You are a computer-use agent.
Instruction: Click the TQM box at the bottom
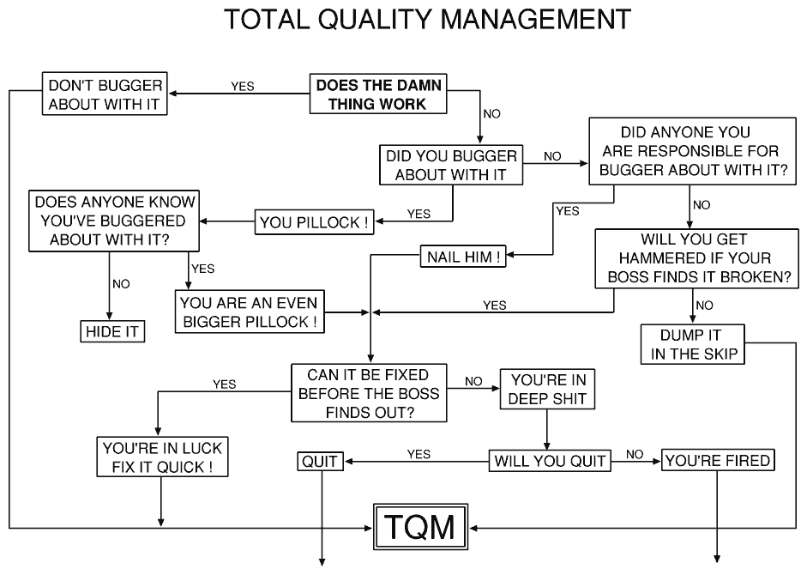pyautogui.click(x=418, y=525)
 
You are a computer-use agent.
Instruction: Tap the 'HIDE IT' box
pyautogui.click(x=111, y=331)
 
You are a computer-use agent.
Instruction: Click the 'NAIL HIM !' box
pyautogui.click(x=462, y=256)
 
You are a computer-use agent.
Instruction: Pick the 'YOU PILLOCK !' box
pyautogui.click(x=316, y=223)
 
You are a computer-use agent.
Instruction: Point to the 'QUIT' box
pyautogui.click(x=321, y=461)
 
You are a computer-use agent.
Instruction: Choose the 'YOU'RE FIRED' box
pyautogui.click(x=718, y=461)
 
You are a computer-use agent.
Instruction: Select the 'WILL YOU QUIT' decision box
pyautogui.click(x=551, y=461)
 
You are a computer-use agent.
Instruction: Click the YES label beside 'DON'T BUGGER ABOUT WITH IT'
pyautogui.click(x=243, y=86)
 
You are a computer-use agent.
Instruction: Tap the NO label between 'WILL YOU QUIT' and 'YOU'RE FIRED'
pyautogui.click(x=635, y=454)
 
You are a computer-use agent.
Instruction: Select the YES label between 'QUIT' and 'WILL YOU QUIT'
pyautogui.click(x=419, y=454)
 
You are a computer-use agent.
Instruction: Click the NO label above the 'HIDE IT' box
pyautogui.click(x=121, y=284)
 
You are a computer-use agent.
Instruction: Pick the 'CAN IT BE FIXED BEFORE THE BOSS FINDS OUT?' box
pyautogui.click(x=370, y=393)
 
